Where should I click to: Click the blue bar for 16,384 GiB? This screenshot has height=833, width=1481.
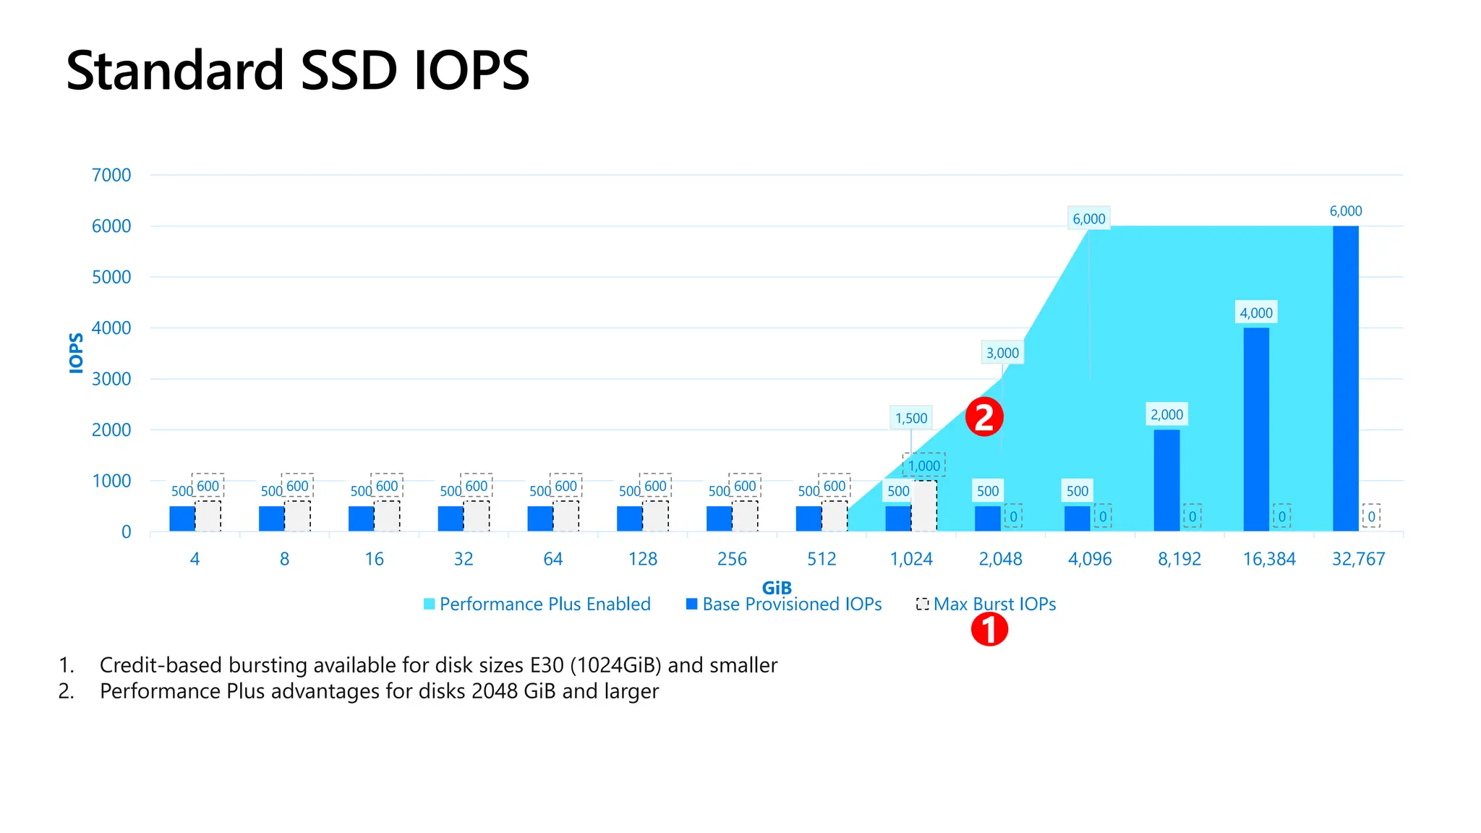(x=1256, y=430)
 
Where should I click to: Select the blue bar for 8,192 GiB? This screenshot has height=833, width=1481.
(x=1166, y=480)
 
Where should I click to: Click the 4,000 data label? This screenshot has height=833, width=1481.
(x=1256, y=313)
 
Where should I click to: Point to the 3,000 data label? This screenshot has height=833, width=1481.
(x=1002, y=353)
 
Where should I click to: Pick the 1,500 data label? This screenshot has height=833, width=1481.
(x=910, y=418)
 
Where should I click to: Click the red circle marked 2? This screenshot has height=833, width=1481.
(x=984, y=417)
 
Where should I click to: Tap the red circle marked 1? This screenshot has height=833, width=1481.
(x=989, y=630)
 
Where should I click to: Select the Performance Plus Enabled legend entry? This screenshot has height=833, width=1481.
(x=537, y=605)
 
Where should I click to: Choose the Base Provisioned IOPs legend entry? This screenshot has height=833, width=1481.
(x=784, y=605)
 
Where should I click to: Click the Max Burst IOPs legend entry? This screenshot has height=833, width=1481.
(x=986, y=605)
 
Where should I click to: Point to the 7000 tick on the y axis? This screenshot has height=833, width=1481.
(x=111, y=175)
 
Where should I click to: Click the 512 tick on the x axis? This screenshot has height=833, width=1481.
(x=821, y=559)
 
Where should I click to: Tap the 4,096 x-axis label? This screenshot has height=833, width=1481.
(x=1090, y=559)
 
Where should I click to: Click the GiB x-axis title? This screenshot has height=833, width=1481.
(x=777, y=588)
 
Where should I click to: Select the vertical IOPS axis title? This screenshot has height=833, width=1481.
(x=76, y=353)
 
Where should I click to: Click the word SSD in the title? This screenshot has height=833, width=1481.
(x=349, y=71)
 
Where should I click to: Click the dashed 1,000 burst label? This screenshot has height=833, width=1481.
(x=924, y=466)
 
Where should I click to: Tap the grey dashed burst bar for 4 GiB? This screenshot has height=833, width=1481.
(x=208, y=516)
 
